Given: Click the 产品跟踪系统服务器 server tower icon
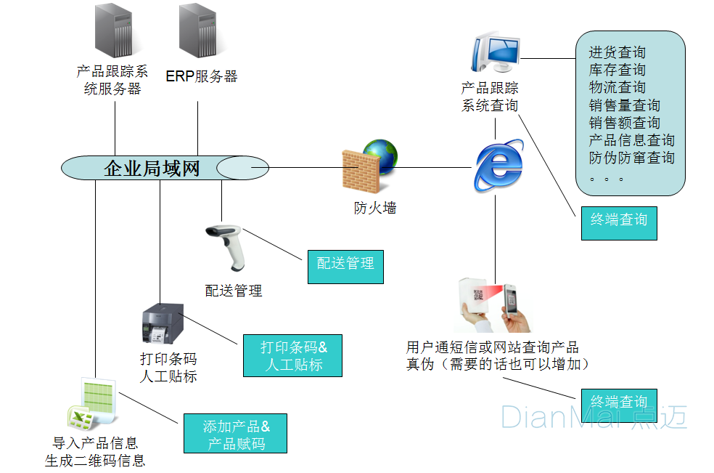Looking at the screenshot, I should pos(114,32).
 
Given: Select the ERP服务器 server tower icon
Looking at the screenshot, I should pos(198,32).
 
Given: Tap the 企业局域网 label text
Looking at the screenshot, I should pos(152,169).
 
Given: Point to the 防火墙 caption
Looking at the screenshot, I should pos(375,209).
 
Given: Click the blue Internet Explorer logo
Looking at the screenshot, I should pos(498,166).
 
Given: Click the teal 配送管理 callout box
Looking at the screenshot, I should pos(345,264).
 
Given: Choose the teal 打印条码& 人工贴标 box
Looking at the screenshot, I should pos(292,355).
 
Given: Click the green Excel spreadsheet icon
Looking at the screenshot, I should pos(93,404).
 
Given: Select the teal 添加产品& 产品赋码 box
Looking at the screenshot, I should pos(235,434).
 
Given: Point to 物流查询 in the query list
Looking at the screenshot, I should pos(617,88).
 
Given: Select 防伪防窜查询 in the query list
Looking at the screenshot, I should pos(631,158).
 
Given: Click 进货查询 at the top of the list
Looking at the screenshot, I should pos(617,53).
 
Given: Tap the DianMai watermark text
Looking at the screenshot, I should pos(592,417).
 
